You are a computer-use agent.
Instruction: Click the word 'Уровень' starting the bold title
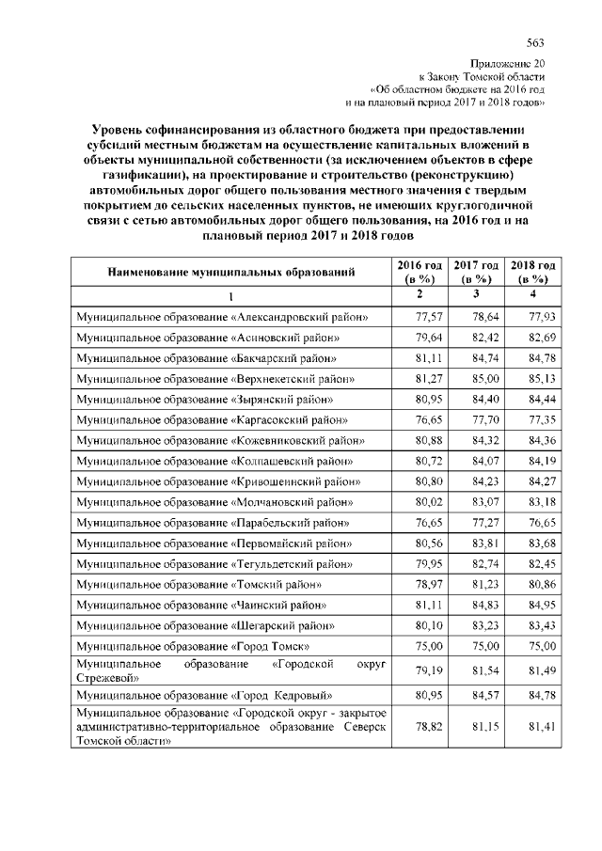(119, 128)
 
